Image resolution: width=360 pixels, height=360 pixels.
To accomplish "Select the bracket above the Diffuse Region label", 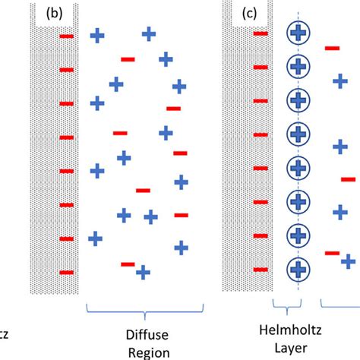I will click(x=146, y=308).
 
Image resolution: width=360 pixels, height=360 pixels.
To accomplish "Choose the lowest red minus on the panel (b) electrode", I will click(x=67, y=272).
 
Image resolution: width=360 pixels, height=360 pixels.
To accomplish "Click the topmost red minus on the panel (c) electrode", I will click(x=261, y=33).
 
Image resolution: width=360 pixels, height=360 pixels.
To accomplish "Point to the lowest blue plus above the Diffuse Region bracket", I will click(x=142, y=271).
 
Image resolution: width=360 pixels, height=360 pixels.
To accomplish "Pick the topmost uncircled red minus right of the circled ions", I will click(x=332, y=49).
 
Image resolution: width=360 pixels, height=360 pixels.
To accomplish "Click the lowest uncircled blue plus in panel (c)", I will click(x=348, y=261).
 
